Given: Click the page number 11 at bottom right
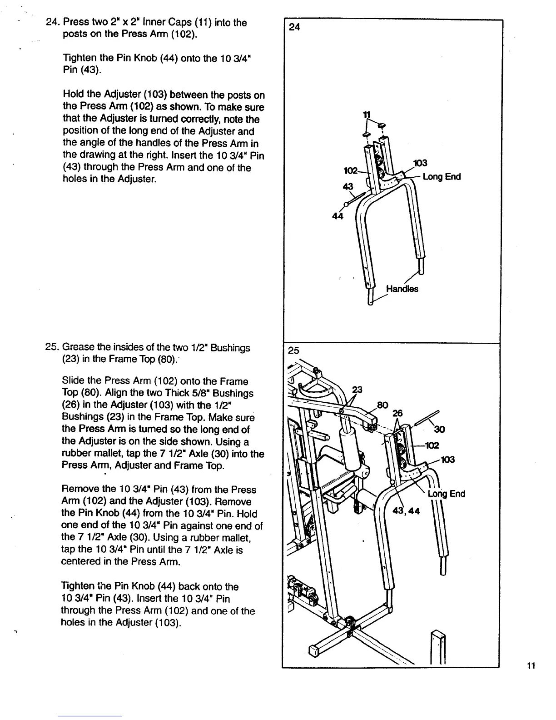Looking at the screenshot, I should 531,666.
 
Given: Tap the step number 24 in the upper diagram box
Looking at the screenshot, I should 295,27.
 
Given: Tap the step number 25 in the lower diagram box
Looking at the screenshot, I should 294,350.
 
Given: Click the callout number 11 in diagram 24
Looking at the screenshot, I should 364,115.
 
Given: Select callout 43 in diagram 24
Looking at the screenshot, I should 347,186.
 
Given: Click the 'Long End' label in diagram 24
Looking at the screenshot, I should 442,177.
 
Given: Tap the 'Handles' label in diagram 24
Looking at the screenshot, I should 402,289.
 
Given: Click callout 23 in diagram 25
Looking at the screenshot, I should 358,389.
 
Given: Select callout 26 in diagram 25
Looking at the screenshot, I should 398,413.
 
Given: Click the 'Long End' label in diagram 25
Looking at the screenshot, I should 447,494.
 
